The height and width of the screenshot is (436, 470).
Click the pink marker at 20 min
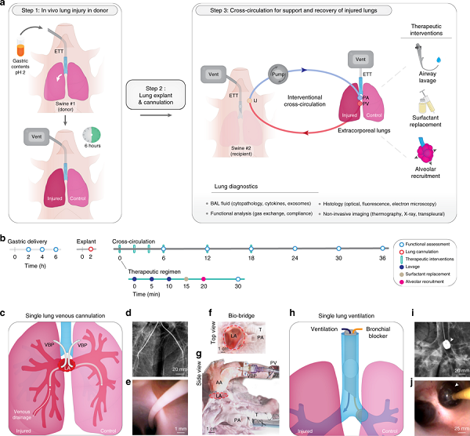click(x=204, y=279)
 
